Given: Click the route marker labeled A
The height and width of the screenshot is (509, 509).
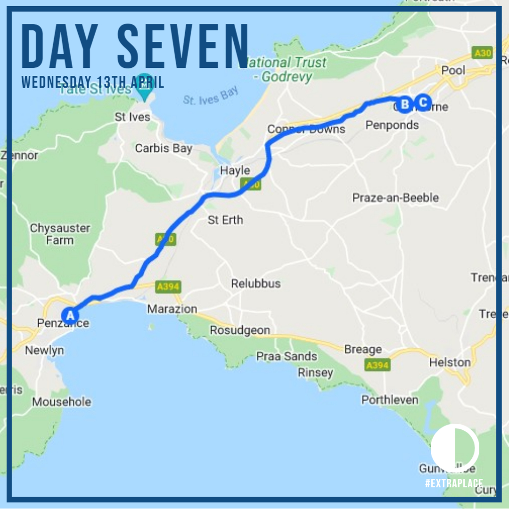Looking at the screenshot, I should (x=70, y=315).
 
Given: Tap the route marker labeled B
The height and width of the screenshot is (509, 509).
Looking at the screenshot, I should (x=404, y=104).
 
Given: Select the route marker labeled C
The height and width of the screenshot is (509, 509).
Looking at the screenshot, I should (x=423, y=102).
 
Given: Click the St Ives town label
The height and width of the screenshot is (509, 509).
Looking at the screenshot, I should (x=132, y=117).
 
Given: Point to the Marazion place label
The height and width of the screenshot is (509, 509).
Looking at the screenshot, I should (x=172, y=309).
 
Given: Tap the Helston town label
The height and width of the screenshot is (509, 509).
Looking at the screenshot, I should (x=450, y=362).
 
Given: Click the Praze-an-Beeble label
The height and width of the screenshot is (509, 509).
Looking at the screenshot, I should (x=395, y=197).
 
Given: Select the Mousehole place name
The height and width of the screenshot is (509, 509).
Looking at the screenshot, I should (x=62, y=402).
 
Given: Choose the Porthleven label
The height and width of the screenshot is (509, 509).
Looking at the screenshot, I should (x=390, y=400).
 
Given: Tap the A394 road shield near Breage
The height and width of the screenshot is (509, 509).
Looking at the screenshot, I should (x=377, y=365).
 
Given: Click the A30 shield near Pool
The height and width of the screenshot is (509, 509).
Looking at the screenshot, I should (x=482, y=52).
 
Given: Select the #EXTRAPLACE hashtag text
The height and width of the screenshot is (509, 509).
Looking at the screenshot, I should (x=453, y=483).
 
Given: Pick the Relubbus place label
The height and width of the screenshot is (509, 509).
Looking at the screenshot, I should (x=255, y=284).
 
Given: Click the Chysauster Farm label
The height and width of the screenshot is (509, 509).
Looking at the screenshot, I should (x=60, y=234).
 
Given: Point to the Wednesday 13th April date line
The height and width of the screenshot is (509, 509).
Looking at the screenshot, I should (x=93, y=82).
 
